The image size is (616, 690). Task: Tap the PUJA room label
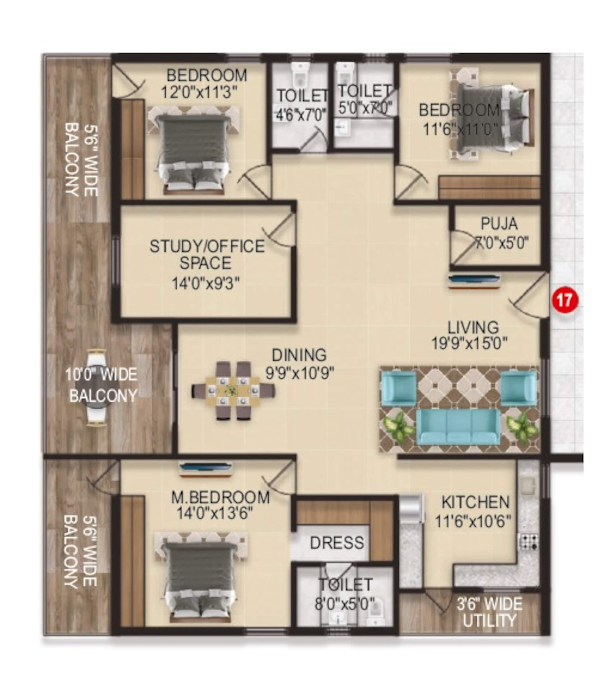499,224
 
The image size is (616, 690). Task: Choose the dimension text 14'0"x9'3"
206,283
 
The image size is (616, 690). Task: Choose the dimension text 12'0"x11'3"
199,92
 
